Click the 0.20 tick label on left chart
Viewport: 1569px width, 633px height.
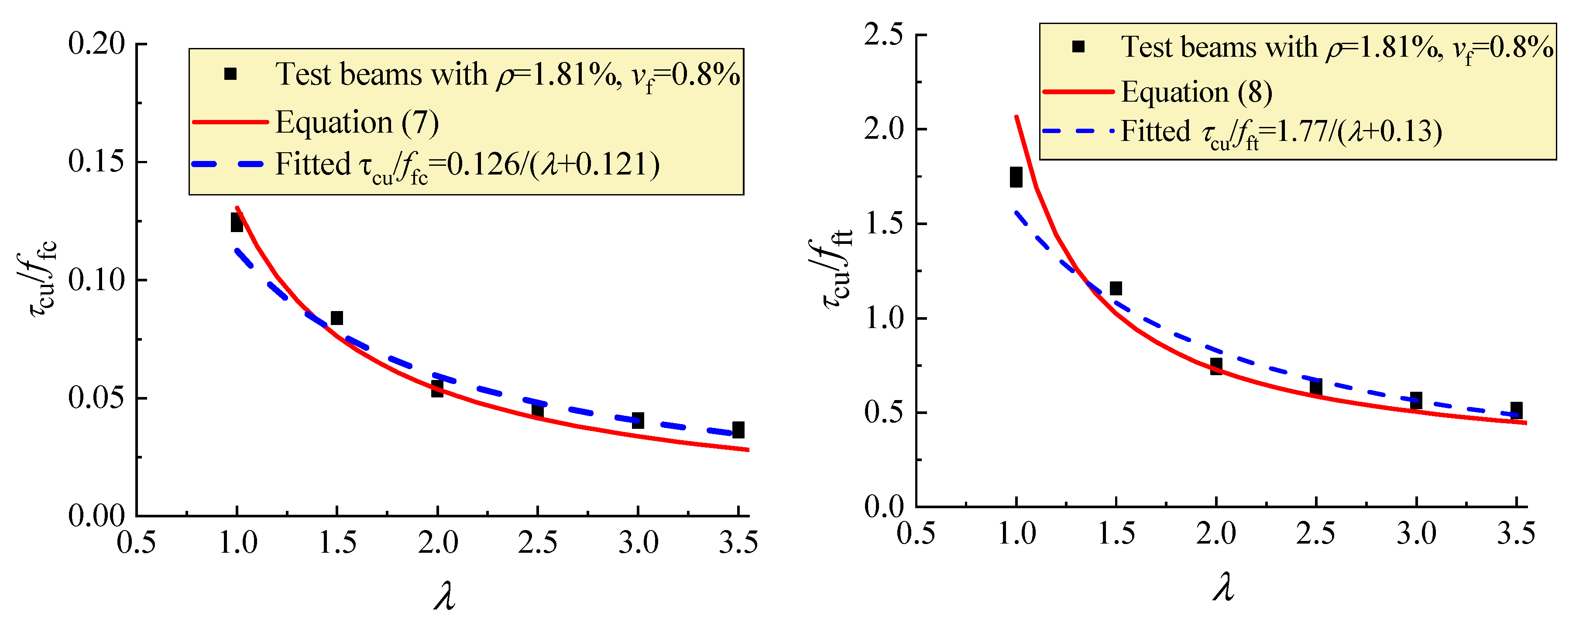pos(96,44)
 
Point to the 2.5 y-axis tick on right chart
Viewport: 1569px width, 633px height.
pos(883,35)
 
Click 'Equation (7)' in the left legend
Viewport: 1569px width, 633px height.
pos(357,122)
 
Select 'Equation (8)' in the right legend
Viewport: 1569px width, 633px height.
pos(1196,92)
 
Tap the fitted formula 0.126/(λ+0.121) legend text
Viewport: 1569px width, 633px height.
pos(467,165)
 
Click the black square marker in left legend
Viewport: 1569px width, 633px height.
pos(230,74)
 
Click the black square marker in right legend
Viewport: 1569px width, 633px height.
pos(1078,46)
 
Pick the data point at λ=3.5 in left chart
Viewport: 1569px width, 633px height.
pos(738,430)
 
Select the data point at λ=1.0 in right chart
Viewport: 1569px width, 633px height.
pos(1016,177)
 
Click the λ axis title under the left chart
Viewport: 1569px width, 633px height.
pos(445,595)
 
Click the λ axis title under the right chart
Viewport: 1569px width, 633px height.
pos(1223,587)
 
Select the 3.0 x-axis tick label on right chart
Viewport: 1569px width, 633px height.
pos(1416,534)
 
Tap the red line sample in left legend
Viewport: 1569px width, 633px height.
pos(230,122)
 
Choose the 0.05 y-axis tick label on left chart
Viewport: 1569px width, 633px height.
pos(96,397)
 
